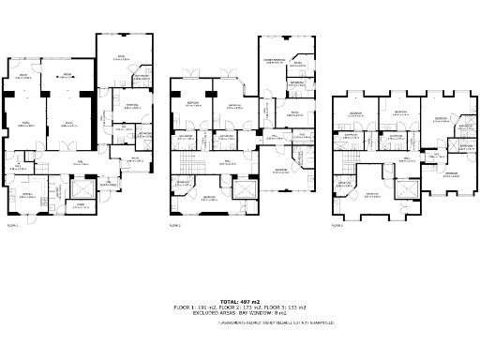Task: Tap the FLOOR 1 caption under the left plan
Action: (12, 225)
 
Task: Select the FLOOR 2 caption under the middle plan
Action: (174, 225)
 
